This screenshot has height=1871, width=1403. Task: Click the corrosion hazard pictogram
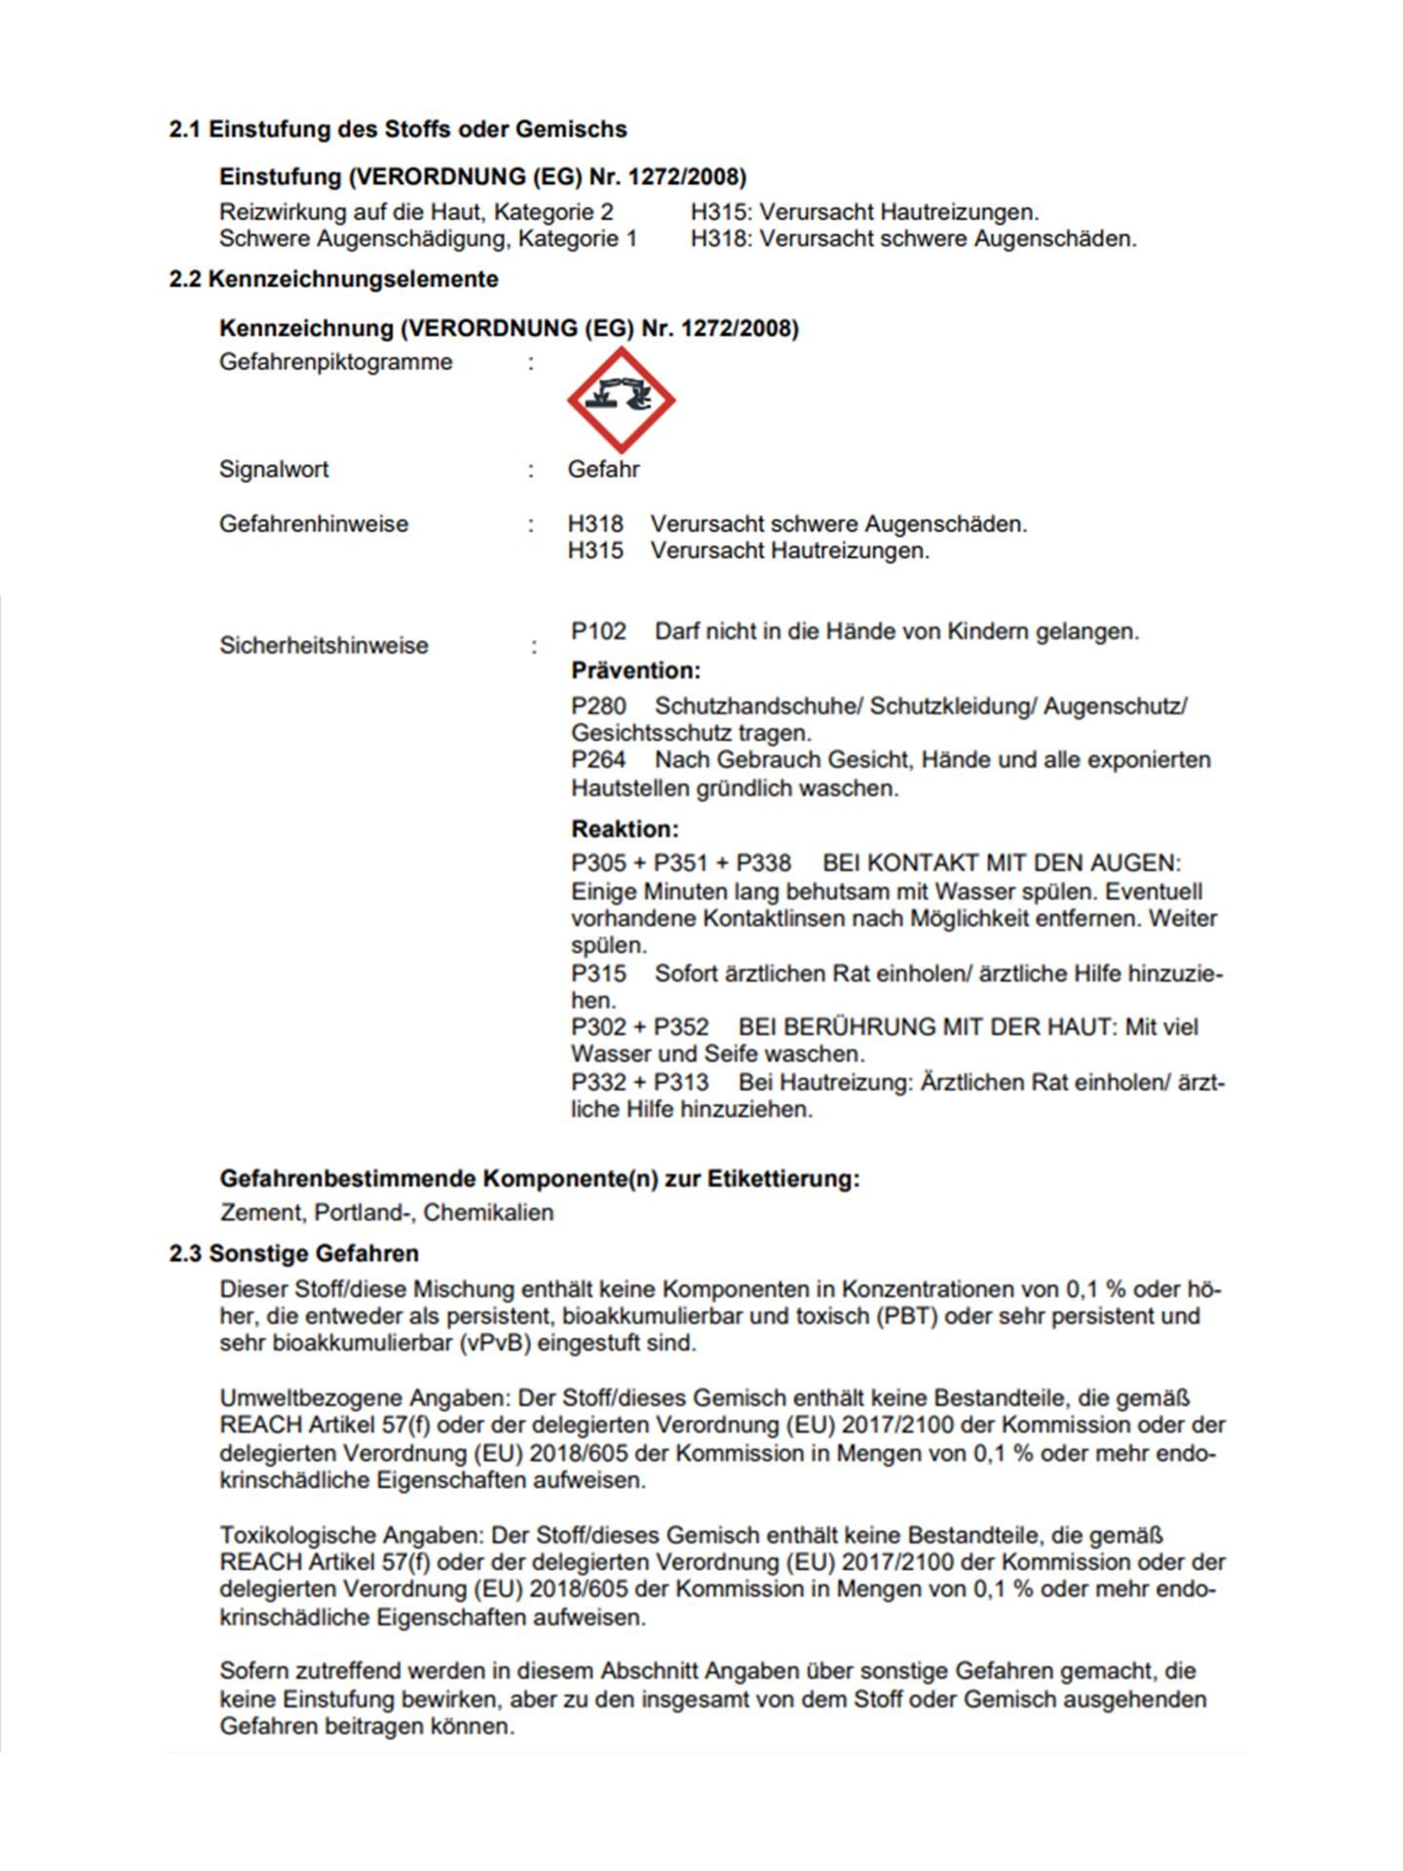621,399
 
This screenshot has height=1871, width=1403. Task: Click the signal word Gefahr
603,469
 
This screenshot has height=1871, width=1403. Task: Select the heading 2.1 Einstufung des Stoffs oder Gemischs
398,129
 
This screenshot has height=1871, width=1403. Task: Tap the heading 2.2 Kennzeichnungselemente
333,279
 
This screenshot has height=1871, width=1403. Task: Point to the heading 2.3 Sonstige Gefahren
293,1253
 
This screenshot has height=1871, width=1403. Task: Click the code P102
598,631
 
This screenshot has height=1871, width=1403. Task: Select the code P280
598,706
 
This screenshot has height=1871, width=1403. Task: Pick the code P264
598,759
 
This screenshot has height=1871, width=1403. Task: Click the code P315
598,974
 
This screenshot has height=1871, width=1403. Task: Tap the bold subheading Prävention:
635,670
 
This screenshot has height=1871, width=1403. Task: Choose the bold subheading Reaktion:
625,829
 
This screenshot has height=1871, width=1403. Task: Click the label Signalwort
274,469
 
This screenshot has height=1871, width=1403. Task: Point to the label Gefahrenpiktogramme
335,362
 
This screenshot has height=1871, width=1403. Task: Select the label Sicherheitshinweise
323,645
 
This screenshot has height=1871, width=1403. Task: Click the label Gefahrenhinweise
313,523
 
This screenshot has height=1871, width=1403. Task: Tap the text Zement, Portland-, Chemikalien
387,1212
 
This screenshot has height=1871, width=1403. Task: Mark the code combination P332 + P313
639,1083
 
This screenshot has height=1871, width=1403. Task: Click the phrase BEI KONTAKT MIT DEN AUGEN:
1001,863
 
